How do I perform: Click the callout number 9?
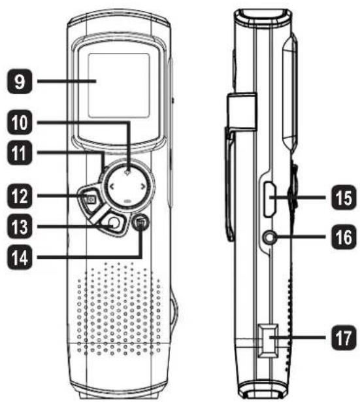click(20, 81)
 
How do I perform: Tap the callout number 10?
click(20, 122)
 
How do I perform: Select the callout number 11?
click(20, 153)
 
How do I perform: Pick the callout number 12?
click(20, 196)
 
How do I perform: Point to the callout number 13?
click(20, 227)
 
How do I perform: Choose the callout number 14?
click(20, 257)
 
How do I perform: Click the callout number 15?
click(344, 197)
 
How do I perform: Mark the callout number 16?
click(344, 237)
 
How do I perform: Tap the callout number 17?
click(344, 338)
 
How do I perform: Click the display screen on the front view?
click(118, 86)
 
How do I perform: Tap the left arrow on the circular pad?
click(112, 187)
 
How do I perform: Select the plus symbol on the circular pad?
click(127, 173)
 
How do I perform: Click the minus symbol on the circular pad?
click(127, 201)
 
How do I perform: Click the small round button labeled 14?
click(140, 222)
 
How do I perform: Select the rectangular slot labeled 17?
click(267, 341)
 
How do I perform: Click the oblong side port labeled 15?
click(270, 199)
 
